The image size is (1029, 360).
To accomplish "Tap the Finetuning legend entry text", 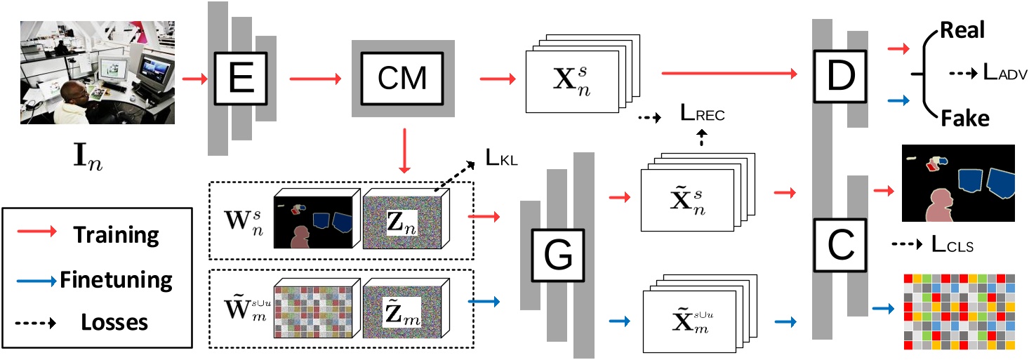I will tap(117, 280).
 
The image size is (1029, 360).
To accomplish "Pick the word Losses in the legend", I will tap(114, 322).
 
